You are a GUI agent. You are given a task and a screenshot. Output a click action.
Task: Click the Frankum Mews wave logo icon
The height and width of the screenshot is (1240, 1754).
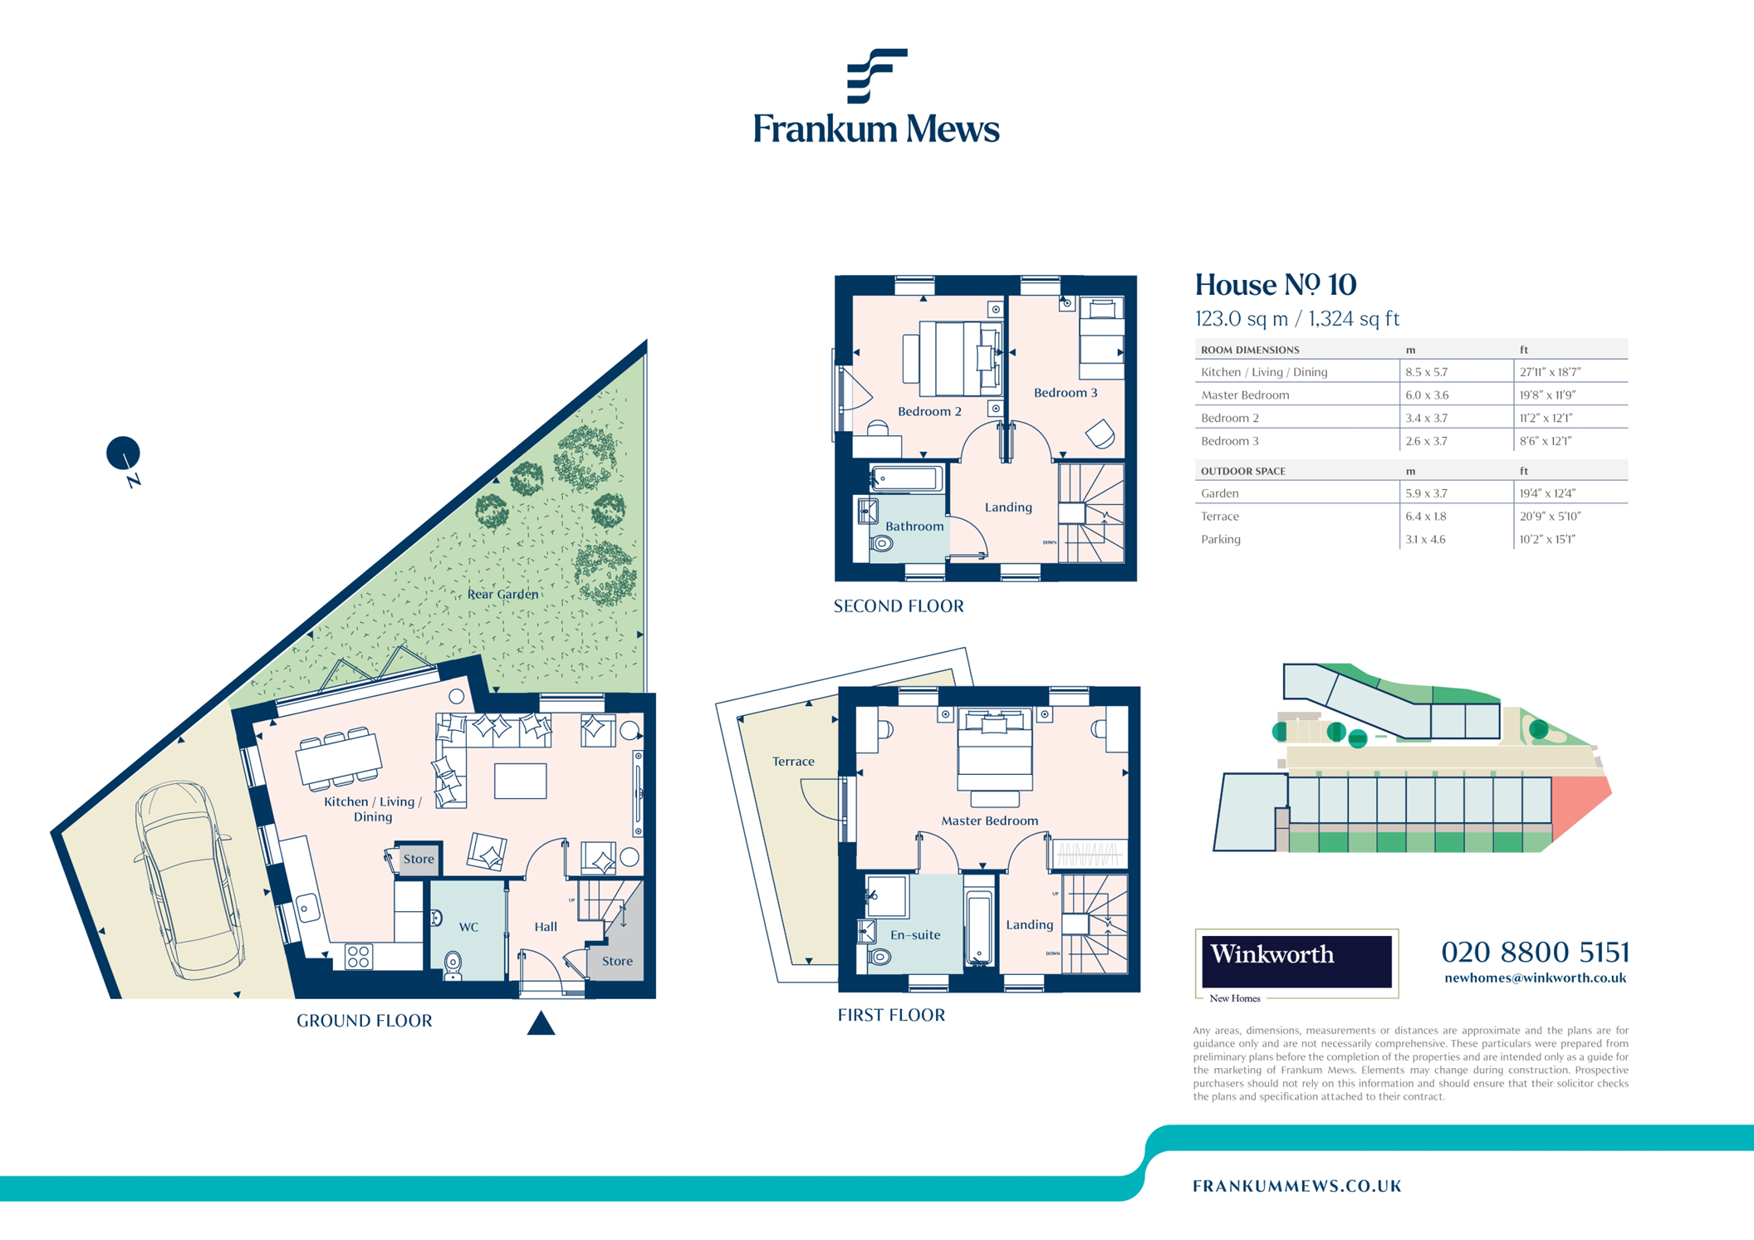point(876,76)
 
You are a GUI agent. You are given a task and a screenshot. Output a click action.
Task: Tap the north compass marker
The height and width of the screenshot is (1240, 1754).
point(124,454)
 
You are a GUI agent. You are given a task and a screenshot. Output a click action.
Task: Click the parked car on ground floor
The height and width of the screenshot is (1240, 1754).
point(189,880)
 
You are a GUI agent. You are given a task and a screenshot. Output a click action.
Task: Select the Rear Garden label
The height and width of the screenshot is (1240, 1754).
point(502,594)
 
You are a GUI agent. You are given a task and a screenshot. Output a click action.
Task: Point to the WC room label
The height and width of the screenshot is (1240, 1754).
point(468,927)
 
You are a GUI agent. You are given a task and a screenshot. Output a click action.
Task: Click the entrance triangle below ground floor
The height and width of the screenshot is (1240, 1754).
point(541,1023)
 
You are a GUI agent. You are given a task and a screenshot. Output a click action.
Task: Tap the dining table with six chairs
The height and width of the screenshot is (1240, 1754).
point(338,758)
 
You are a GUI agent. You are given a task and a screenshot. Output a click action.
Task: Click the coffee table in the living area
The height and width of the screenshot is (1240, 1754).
point(520,781)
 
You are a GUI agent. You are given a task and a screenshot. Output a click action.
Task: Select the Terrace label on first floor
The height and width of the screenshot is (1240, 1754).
point(793,761)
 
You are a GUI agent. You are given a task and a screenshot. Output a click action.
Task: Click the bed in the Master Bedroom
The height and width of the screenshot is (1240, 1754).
point(995,747)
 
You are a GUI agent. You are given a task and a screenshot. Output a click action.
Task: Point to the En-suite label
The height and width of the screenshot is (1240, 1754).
point(914,934)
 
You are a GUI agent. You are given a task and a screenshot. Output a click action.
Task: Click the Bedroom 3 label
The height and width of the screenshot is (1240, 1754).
point(1065,393)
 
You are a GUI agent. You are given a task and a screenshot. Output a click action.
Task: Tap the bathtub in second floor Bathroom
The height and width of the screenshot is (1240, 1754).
point(907,478)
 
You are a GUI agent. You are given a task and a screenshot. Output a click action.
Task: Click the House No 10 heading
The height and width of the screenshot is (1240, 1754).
point(1275,285)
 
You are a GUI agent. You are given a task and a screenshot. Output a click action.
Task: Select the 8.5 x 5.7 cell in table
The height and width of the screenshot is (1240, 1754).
point(1427,372)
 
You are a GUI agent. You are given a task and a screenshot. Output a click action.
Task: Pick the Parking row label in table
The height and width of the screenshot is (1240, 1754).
point(1220,539)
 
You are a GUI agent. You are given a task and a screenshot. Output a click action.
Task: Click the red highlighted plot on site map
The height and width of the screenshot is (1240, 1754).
point(1577,806)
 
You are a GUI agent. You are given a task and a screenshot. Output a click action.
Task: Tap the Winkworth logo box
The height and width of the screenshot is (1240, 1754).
point(1296,962)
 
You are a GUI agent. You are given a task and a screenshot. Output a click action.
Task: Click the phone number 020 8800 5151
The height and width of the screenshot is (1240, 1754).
point(1535,952)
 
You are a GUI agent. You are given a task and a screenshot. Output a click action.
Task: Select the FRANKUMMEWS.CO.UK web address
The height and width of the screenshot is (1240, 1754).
point(1296,1186)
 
